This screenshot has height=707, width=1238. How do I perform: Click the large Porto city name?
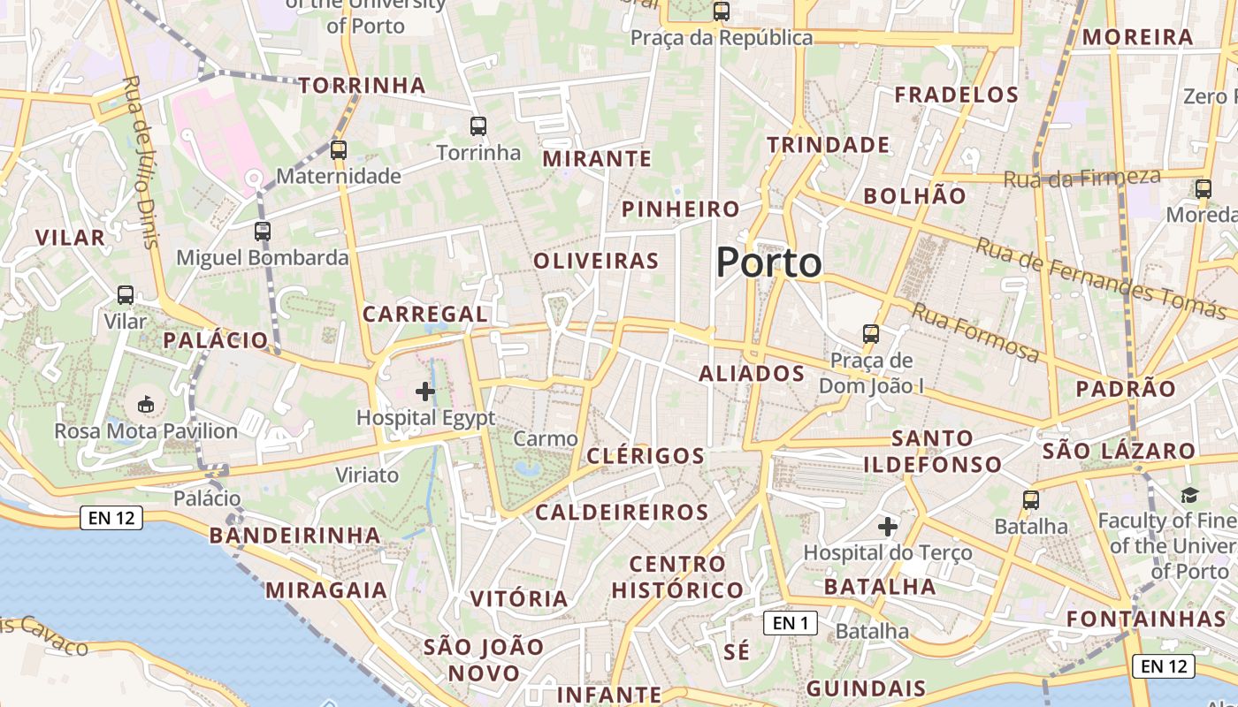click(768, 262)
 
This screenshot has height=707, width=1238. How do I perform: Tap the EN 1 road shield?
click(790, 623)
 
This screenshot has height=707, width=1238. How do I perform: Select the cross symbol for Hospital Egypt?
click(425, 391)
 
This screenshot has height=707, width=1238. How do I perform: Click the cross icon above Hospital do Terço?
click(888, 528)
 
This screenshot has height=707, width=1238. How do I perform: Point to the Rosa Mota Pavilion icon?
click(146, 405)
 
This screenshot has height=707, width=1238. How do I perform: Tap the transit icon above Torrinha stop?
click(478, 126)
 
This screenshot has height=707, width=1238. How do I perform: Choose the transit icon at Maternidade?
click(339, 150)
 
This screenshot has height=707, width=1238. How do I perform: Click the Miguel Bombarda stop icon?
click(263, 232)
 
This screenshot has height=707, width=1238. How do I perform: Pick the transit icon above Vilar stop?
click(126, 295)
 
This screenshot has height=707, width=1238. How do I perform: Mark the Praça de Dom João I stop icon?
click(871, 334)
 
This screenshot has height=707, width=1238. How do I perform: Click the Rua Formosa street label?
click(975, 332)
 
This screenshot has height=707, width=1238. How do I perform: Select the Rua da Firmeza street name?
click(1081, 178)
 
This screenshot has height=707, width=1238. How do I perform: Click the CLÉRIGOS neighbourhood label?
click(646, 456)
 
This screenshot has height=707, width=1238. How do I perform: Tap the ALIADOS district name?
click(752, 374)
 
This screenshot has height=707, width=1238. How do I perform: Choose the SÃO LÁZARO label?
click(1118, 452)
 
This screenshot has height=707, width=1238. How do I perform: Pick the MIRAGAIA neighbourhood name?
click(326, 590)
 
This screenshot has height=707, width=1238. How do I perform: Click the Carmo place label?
click(546, 438)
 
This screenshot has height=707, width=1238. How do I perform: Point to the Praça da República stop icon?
click(722, 11)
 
